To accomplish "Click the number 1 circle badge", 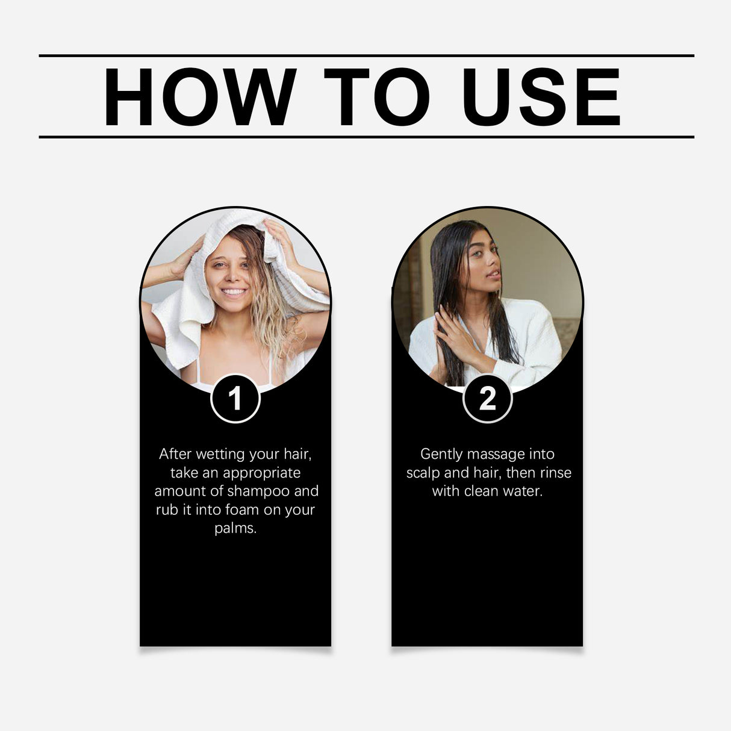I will coord(235,399).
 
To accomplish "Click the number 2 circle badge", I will coord(487,399).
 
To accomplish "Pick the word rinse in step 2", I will coord(555,473).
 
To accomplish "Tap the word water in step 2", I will coord(522,491).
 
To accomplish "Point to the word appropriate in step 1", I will coord(261,473).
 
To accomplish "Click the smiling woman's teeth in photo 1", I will coord(234,293).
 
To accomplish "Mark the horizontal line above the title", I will coord(366,55).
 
